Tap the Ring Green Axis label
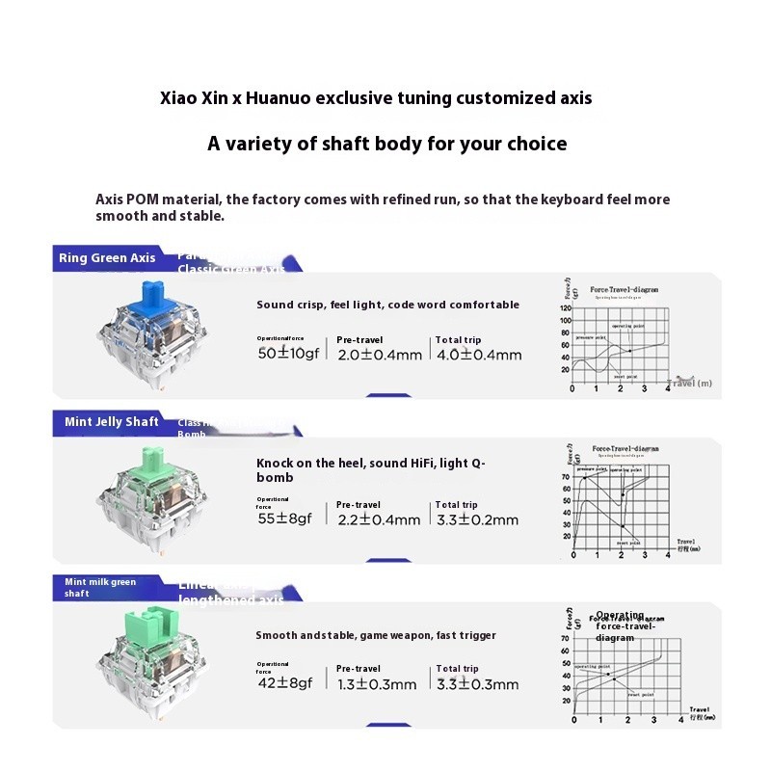[107, 258]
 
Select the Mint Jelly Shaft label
[112, 422]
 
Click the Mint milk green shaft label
[100, 587]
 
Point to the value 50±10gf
[287, 354]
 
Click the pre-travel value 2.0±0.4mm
[380, 355]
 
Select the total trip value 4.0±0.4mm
[478, 355]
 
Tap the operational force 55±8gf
[285, 519]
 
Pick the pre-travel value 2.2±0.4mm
[379, 519]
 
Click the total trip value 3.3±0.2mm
[476, 519]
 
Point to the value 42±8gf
[285, 684]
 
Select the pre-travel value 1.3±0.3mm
[377, 684]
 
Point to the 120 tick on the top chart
[566, 310]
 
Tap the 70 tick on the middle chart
[566, 477]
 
